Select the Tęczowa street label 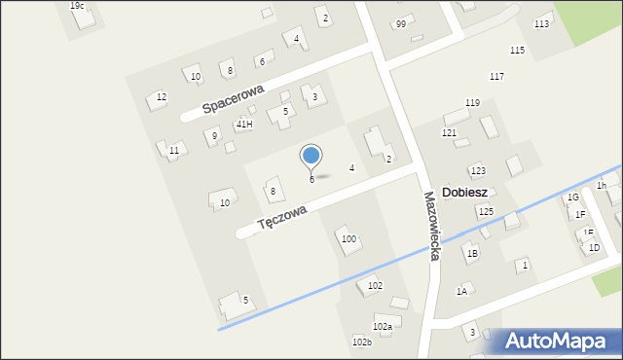[x=282, y=217]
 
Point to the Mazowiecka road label [x=430, y=225]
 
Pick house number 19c [x=77, y=6]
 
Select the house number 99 [x=401, y=23]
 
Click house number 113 [x=541, y=23]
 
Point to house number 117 [x=496, y=76]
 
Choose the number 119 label [x=472, y=102]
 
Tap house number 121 [x=449, y=132]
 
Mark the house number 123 [x=478, y=170]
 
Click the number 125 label [x=485, y=211]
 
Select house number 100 [x=348, y=238]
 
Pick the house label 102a [x=383, y=327]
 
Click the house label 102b [x=361, y=342]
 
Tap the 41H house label [x=244, y=125]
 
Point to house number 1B [x=472, y=253]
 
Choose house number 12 [x=162, y=96]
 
